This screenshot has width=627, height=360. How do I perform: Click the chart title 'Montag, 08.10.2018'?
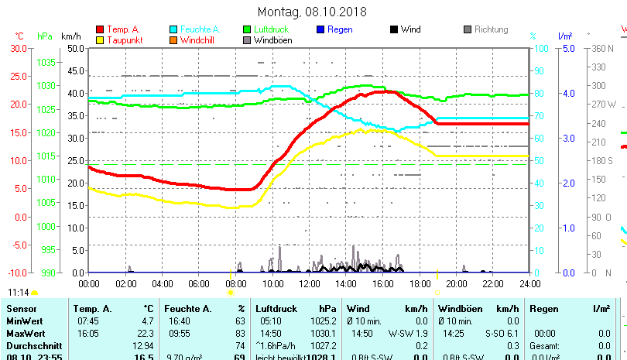click(312, 12)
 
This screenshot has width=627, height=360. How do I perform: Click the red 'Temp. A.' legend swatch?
click(100, 29)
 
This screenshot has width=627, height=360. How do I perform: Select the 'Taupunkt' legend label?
click(124, 40)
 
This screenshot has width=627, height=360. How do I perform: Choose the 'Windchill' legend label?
click(200, 40)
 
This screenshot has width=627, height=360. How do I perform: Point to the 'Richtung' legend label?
click(491, 29)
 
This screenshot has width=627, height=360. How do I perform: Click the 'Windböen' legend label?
click(273, 40)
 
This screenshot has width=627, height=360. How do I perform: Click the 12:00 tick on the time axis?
click(309, 283)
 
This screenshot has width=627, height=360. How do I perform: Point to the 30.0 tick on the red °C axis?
click(18, 48)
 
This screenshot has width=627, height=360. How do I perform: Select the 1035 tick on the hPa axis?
click(46, 62)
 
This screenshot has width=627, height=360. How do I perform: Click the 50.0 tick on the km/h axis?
click(75, 48)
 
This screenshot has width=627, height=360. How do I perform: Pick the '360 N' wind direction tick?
click(603, 48)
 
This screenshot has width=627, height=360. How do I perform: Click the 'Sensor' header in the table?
click(21, 309)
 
